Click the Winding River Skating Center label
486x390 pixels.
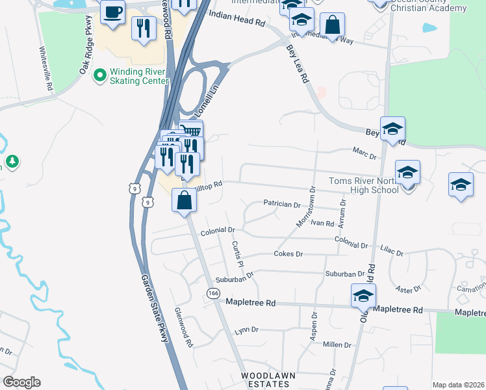(x=140, y=76)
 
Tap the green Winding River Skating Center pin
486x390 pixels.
(x=99, y=76)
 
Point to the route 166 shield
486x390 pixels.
(x=213, y=293)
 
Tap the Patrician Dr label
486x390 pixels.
(x=282, y=204)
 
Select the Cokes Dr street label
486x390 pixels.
(x=288, y=253)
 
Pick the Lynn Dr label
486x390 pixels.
(x=246, y=330)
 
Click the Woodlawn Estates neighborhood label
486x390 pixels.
(x=264, y=380)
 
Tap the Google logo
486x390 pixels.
(x=21, y=382)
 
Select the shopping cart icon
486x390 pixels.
(x=189, y=130)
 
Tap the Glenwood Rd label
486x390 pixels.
(x=183, y=328)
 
